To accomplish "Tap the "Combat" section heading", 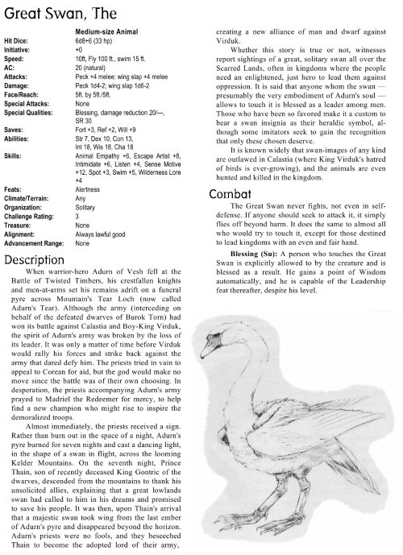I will coord(233,193).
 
